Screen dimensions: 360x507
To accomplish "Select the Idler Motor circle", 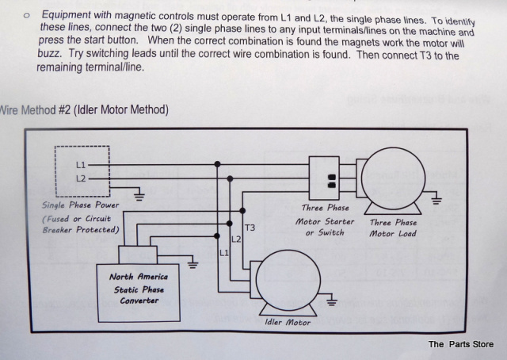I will (288, 278).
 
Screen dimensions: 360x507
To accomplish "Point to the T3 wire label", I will (250, 228).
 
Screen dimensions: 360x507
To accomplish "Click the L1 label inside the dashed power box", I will (80, 164).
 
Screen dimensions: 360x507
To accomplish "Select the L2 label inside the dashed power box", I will (80, 178).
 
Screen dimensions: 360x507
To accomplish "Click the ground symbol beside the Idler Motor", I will (331, 301).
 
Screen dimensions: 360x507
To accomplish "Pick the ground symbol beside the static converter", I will (193, 262).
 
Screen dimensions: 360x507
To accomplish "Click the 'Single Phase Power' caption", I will (80, 205).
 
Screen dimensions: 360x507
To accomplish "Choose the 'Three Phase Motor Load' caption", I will (393, 228).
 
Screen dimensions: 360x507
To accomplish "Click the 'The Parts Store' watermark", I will (460, 344).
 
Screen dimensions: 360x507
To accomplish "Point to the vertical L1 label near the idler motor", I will (223, 253).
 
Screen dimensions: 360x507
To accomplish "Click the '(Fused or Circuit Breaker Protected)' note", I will (80, 224).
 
